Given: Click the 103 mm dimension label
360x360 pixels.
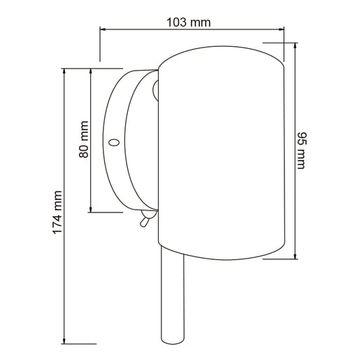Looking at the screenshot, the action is (189, 22).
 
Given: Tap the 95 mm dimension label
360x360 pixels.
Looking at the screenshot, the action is (302, 150).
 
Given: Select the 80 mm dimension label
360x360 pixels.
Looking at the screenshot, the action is (84, 139).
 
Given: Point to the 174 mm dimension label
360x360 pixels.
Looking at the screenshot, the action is (57, 213).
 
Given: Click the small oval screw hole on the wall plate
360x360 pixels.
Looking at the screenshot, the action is (114, 142).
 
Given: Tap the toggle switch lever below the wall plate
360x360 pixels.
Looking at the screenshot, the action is (144, 222).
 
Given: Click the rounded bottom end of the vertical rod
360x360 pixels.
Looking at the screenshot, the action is (173, 341).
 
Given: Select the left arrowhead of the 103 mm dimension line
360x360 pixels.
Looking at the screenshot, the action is (103, 29).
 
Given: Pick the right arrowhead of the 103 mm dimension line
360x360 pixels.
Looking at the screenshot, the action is (282, 29).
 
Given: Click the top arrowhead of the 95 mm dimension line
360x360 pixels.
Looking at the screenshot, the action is (295, 45).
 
